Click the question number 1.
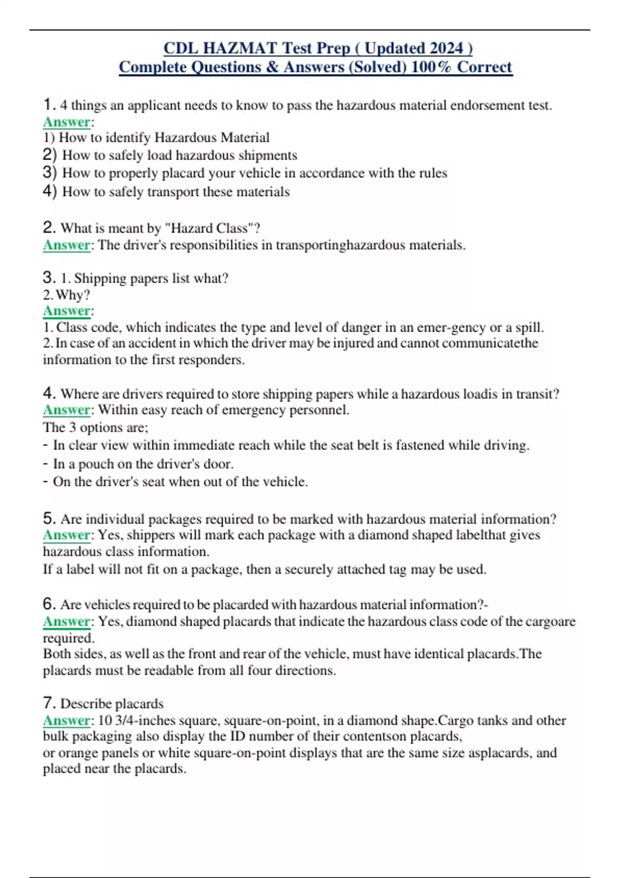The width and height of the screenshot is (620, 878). click(x=49, y=105)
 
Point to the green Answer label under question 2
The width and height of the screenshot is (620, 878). click(x=67, y=245)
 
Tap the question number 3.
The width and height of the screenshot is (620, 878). click(x=49, y=278)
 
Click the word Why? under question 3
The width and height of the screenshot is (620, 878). click(x=73, y=295)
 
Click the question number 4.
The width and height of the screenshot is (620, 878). click(x=49, y=394)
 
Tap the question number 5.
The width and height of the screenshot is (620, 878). click(x=49, y=519)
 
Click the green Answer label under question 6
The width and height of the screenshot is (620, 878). click(x=67, y=621)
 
